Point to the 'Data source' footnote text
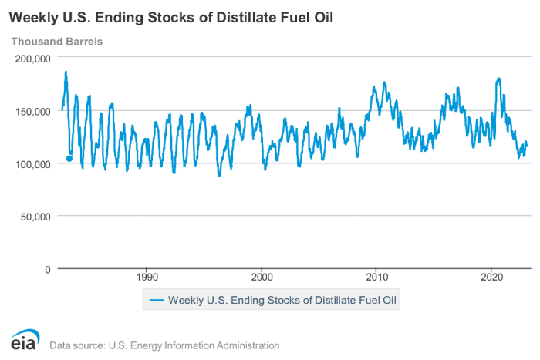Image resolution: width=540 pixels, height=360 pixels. point(164,345)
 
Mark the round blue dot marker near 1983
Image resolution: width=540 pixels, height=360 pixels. point(69,159)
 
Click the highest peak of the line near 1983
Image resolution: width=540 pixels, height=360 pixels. point(66,72)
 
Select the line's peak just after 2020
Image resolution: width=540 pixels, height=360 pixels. point(498,78)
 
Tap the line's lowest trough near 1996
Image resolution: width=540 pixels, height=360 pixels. point(219,176)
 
